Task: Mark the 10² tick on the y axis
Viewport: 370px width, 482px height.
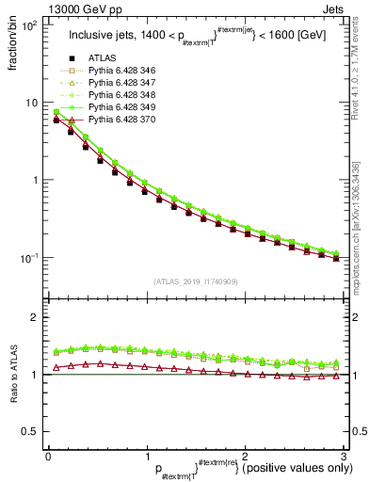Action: pos(30,25)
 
